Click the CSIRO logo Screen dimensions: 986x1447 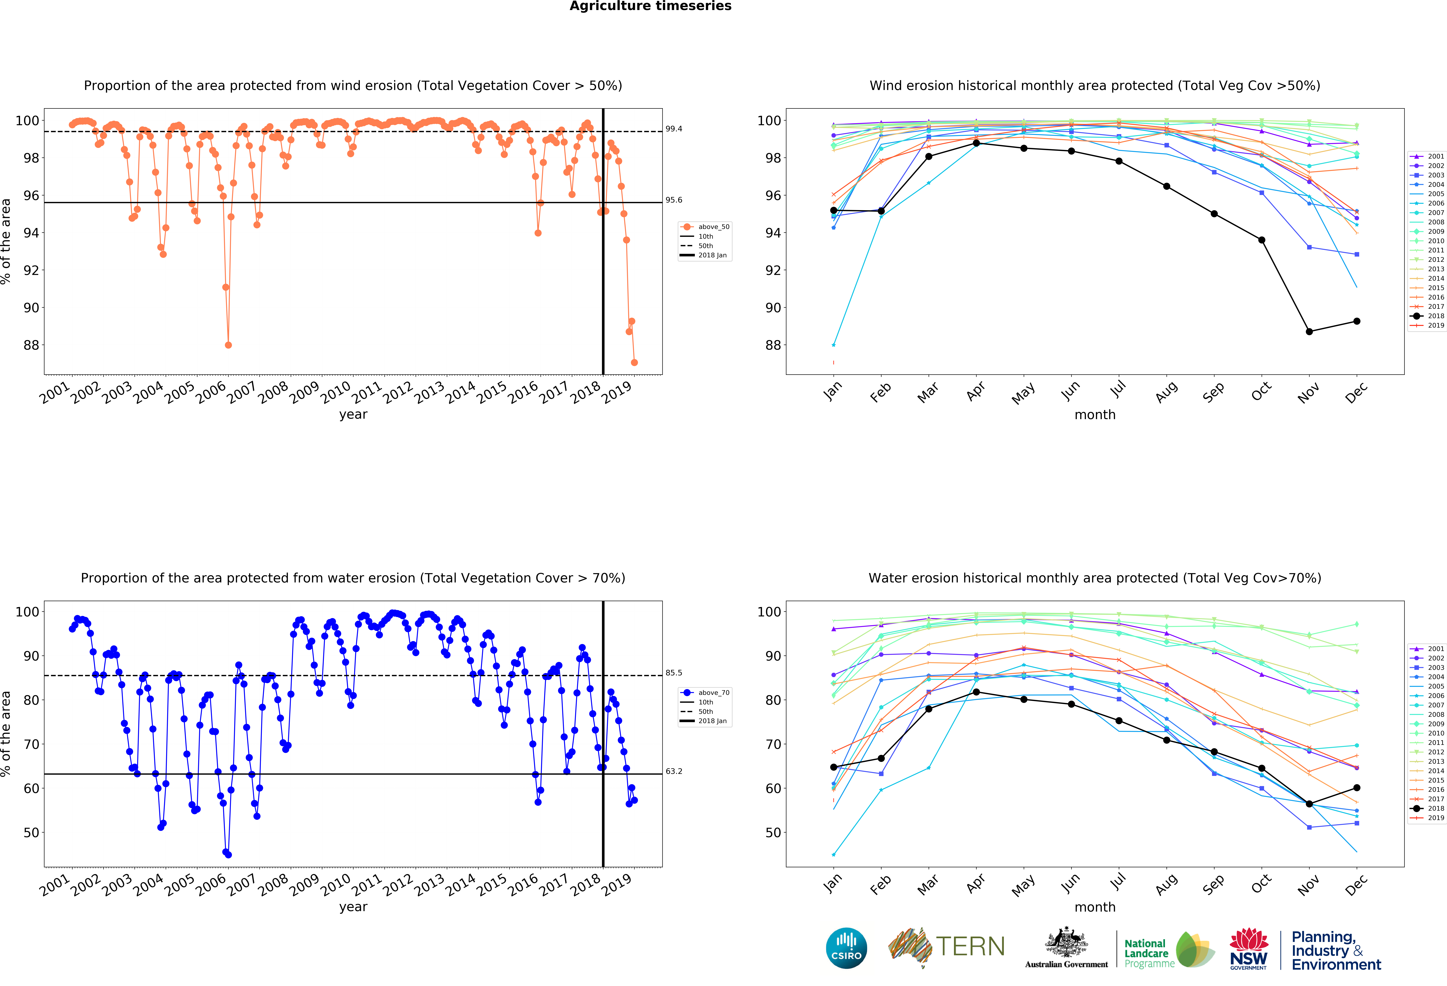click(x=846, y=948)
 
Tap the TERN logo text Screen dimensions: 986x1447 click(x=970, y=947)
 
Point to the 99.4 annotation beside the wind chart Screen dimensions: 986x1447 click(x=674, y=129)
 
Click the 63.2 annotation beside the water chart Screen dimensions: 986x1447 click(x=674, y=771)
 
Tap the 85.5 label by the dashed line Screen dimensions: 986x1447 click(x=674, y=673)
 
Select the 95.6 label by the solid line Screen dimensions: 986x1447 click(x=674, y=200)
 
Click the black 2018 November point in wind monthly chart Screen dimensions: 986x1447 click(x=1309, y=332)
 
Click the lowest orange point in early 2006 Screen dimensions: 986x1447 click(x=228, y=345)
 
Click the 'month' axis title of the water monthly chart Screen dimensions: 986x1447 click(x=1095, y=907)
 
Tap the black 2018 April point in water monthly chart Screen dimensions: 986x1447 click(x=976, y=692)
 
